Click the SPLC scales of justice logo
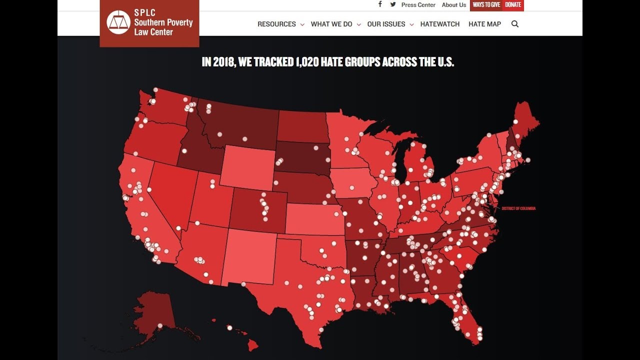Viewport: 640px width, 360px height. click(x=118, y=22)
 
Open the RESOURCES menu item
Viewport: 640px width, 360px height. click(x=276, y=24)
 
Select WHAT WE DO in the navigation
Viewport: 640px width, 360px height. click(x=331, y=24)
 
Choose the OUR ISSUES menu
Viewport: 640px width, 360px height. click(x=386, y=24)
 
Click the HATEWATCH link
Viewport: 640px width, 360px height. click(x=440, y=24)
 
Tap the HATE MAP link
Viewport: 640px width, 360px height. click(x=484, y=24)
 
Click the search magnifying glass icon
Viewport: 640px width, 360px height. click(x=515, y=24)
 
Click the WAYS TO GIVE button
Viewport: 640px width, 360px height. click(x=486, y=5)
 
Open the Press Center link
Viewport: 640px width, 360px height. click(x=418, y=5)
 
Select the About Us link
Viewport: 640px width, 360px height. click(x=454, y=5)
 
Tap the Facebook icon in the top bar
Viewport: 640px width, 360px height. click(x=380, y=4)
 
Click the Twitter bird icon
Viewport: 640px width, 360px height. click(x=393, y=4)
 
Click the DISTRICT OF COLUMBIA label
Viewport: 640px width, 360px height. click(x=518, y=208)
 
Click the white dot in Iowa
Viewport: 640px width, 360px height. click(x=351, y=187)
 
